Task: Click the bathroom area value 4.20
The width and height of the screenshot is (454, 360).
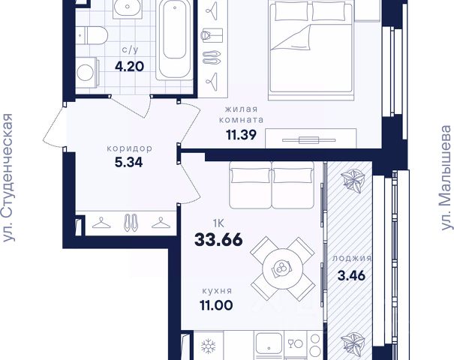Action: [x=129, y=67]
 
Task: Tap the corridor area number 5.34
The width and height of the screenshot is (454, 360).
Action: [x=129, y=162]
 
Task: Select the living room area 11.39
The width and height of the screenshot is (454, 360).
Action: [x=241, y=134]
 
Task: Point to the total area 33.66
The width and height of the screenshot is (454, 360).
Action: [x=218, y=240]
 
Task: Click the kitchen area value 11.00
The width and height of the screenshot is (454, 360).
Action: [x=216, y=305]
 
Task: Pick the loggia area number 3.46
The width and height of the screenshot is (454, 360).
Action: [x=351, y=275]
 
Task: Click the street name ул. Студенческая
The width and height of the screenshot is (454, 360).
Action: [x=8, y=178]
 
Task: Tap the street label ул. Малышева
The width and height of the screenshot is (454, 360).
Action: [x=446, y=178]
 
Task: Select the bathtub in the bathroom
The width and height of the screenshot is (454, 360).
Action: [x=175, y=40]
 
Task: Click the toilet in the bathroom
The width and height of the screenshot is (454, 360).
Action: [x=92, y=35]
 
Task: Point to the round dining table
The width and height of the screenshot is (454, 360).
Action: [x=283, y=268]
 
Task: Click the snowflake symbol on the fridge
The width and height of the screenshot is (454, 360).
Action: [x=209, y=346]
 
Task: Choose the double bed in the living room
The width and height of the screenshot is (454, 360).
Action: [x=311, y=50]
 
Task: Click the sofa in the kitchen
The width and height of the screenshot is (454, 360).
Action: [x=272, y=184]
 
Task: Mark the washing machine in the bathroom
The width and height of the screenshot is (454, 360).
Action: [x=87, y=72]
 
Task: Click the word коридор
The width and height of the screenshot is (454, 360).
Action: [x=129, y=148]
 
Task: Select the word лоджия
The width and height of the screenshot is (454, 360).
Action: [x=351, y=258]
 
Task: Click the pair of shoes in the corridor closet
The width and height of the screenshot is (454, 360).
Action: [x=131, y=222]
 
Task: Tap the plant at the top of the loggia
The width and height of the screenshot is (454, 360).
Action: [x=351, y=181]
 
